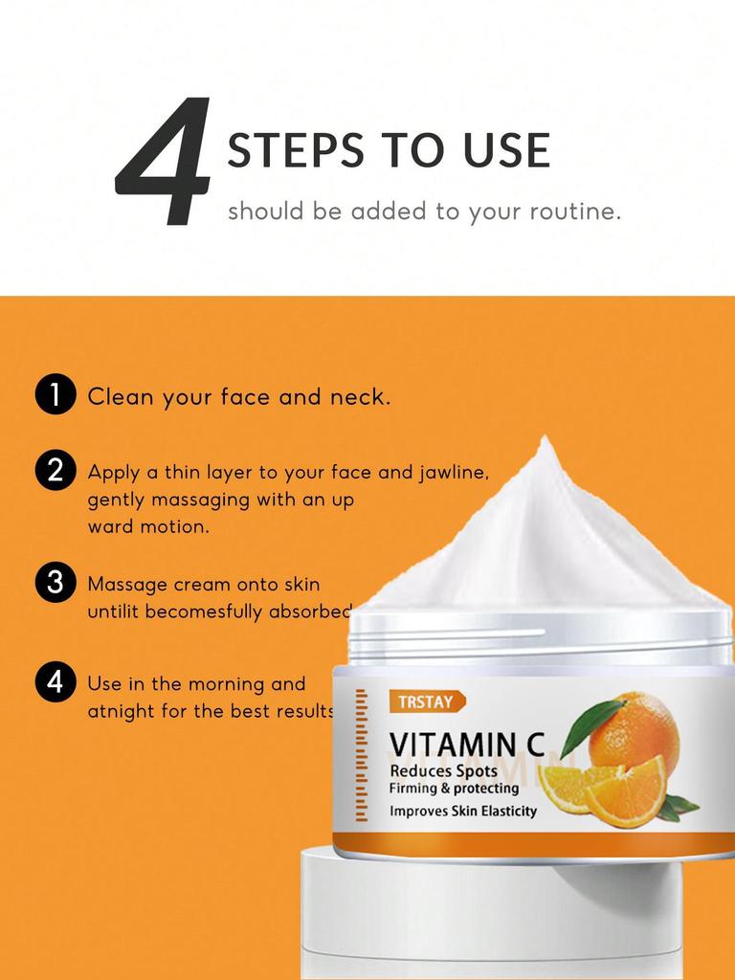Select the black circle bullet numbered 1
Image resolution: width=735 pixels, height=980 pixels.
pyautogui.click(x=55, y=396)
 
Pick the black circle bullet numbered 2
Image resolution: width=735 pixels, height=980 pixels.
pyautogui.click(x=55, y=470)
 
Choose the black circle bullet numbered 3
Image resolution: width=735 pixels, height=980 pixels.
pyautogui.click(x=55, y=583)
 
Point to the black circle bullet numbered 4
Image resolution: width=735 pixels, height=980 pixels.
pyautogui.click(x=55, y=682)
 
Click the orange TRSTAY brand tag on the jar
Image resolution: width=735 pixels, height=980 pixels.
pyautogui.click(x=427, y=702)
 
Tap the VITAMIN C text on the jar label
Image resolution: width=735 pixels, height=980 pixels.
pyautogui.click(x=466, y=745)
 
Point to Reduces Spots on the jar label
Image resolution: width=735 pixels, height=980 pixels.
pyautogui.click(x=443, y=771)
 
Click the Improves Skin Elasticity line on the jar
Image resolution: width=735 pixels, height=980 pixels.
pyautogui.click(x=463, y=811)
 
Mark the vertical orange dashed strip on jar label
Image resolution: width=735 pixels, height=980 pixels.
pyautogui.click(x=362, y=756)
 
